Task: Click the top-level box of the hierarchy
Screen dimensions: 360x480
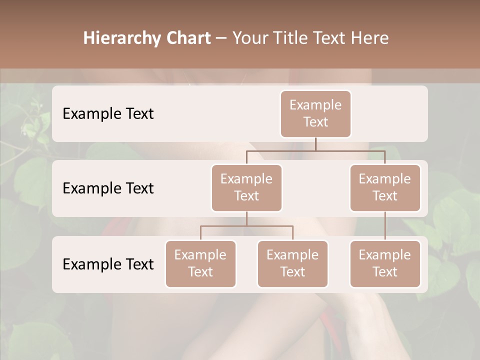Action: pyautogui.click(x=315, y=113)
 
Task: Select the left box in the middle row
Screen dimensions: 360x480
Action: pyautogui.click(x=246, y=187)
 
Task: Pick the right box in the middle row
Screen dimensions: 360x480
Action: pyautogui.click(x=385, y=187)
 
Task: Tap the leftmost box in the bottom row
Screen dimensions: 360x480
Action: pyautogui.click(x=200, y=263)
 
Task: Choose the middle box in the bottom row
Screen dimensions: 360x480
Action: pyautogui.click(x=292, y=263)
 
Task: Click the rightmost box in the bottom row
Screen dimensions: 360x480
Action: pyautogui.click(x=385, y=263)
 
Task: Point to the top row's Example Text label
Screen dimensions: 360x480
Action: pyautogui.click(x=108, y=114)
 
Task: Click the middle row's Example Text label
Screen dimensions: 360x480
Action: pyautogui.click(x=108, y=188)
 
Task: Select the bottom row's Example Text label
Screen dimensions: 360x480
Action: pyautogui.click(x=108, y=264)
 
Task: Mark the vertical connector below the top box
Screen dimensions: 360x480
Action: pyautogui.click(x=315, y=144)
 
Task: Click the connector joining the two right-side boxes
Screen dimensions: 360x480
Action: pyautogui.click(x=385, y=226)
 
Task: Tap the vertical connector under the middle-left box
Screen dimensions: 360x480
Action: pyautogui.click(x=246, y=218)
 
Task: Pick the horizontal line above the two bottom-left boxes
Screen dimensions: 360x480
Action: pyautogui.click(x=246, y=226)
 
